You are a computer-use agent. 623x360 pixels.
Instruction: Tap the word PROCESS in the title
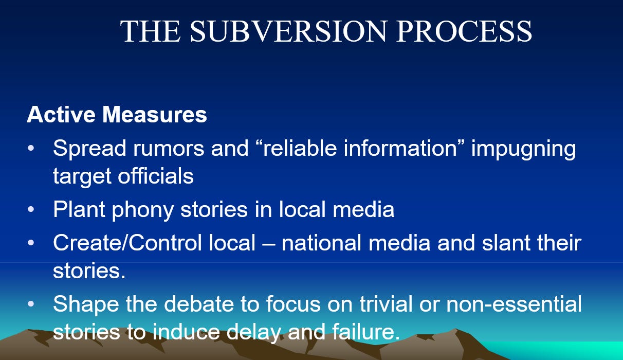[x=464, y=31]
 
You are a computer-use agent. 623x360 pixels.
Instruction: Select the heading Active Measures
[x=117, y=114]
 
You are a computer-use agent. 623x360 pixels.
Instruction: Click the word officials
[x=156, y=175]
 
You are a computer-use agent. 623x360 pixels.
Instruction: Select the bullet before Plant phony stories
[x=31, y=209]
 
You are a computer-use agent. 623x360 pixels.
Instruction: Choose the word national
[x=321, y=242]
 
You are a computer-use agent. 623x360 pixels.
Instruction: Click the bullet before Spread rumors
[x=31, y=148]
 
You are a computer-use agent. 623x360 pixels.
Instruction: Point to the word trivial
[x=386, y=303]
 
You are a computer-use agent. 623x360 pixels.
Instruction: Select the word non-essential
[x=514, y=303]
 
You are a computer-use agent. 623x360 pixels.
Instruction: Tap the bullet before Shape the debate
[x=31, y=303]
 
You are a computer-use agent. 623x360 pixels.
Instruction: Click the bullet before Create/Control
[x=31, y=242]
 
